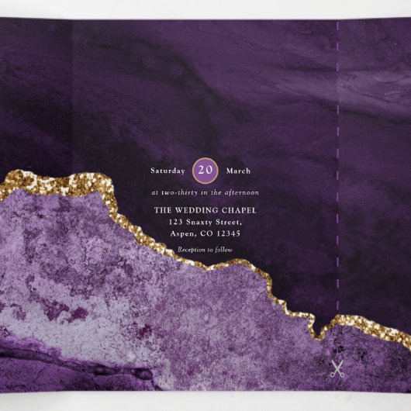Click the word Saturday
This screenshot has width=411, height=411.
(x=168, y=171)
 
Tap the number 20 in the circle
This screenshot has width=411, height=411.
(x=205, y=170)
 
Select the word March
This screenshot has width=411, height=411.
(x=238, y=171)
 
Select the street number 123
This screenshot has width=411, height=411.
(x=177, y=222)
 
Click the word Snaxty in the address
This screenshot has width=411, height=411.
(x=203, y=222)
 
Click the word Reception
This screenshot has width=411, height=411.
(x=192, y=250)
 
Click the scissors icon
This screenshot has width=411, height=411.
(x=337, y=369)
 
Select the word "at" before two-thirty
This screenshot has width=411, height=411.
(x=154, y=192)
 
